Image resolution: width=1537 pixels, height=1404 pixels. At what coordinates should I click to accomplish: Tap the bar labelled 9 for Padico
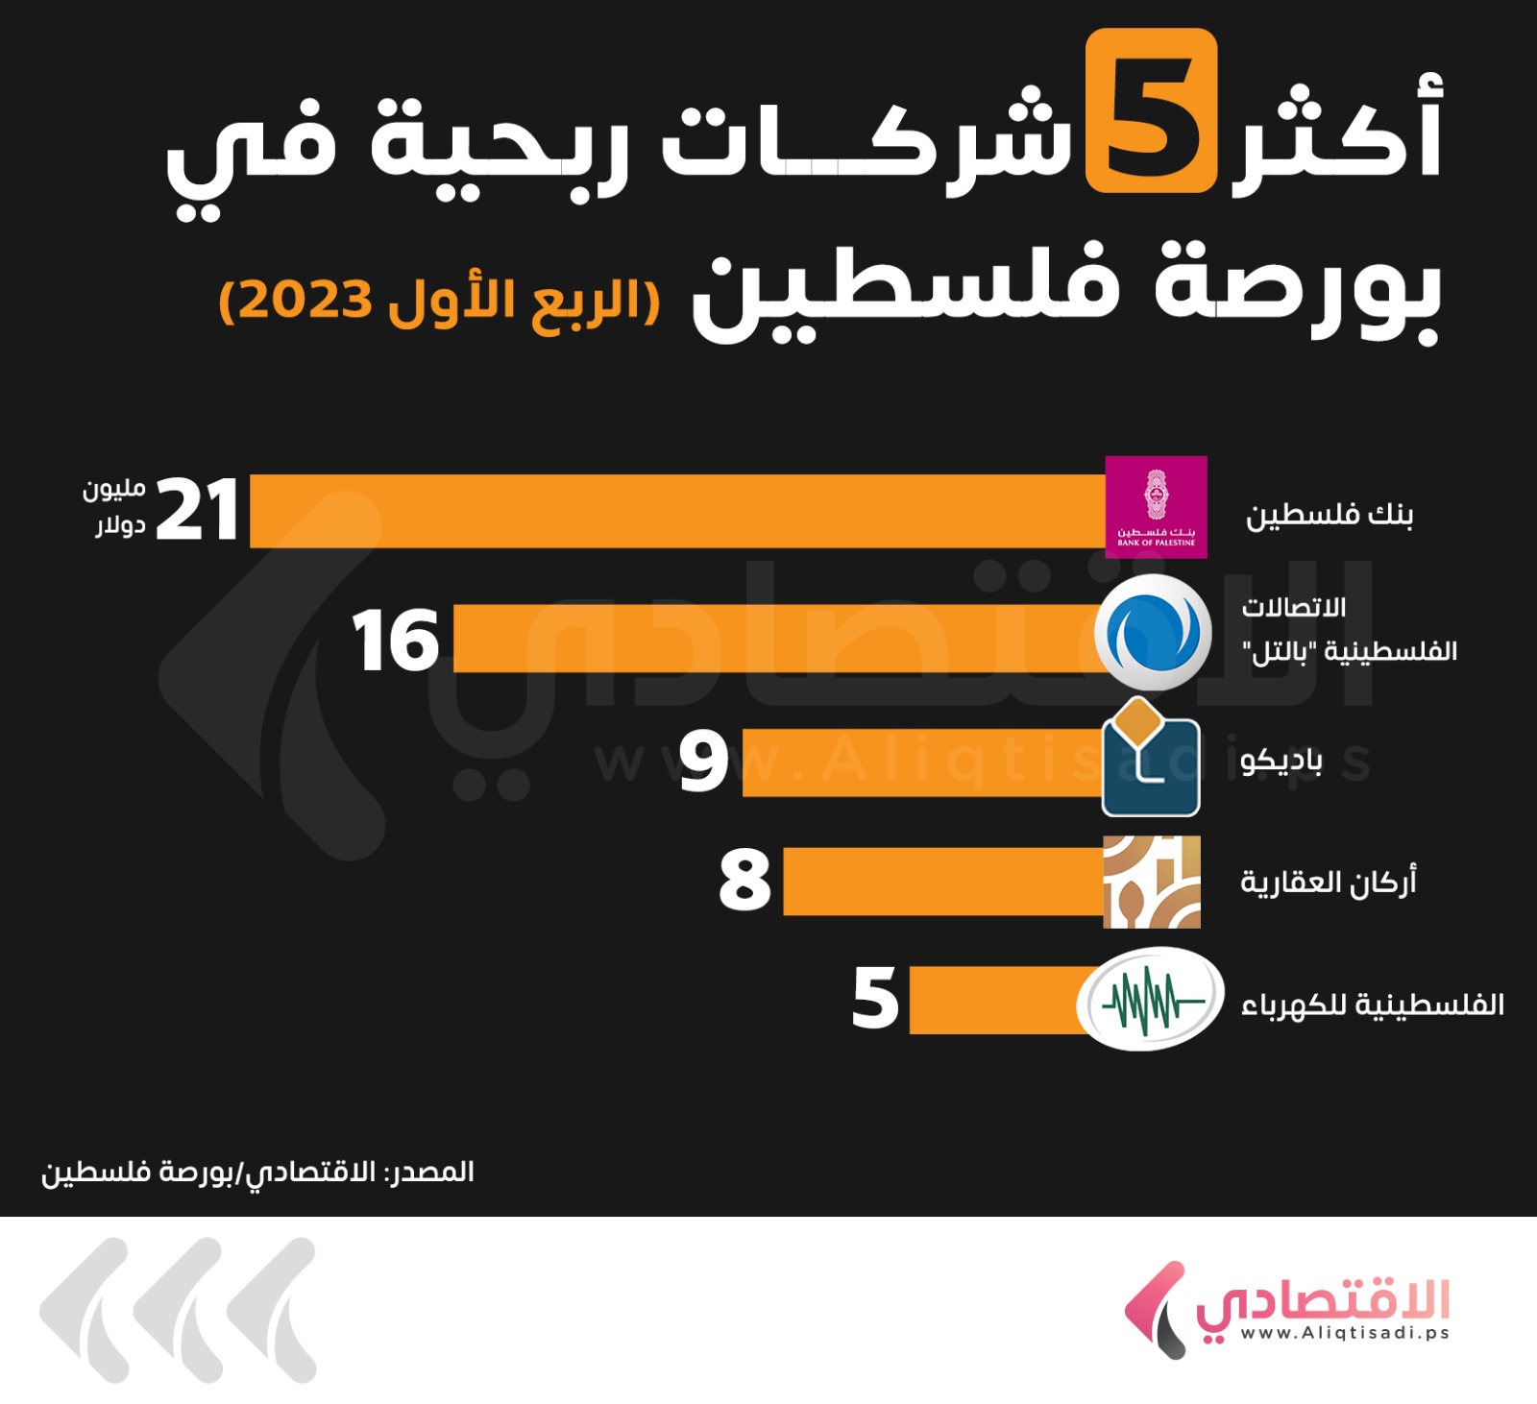[x=922, y=763]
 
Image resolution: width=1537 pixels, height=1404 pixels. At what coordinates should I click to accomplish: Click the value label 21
[x=197, y=510]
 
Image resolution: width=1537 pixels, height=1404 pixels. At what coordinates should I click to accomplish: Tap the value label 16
[x=396, y=641]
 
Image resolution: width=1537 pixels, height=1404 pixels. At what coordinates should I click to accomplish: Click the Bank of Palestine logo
[x=1156, y=507]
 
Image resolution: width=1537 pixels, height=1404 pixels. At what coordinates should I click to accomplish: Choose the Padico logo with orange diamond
[x=1150, y=759]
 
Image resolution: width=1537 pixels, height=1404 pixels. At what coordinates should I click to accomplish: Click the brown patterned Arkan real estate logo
[x=1152, y=882]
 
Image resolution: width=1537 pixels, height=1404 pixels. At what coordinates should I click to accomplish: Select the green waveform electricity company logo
[x=1150, y=1000]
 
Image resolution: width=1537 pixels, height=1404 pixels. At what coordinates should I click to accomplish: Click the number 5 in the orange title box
[x=1151, y=110]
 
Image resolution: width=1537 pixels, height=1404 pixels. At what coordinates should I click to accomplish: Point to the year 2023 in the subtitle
[x=305, y=300]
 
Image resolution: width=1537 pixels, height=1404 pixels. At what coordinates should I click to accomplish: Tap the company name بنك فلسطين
[x=1330, y=516]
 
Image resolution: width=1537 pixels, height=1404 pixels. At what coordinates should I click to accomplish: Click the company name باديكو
[x=1281, y=761]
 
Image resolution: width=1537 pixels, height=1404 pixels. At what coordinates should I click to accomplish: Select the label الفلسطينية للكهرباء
[x=1373, y=1005]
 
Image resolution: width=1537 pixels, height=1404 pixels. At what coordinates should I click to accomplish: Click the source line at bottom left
[x=257, y=1173]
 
